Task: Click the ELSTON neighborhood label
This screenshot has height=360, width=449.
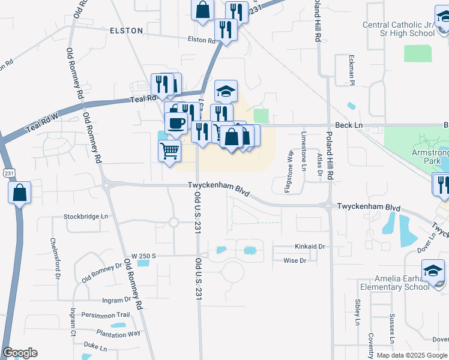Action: click(x=126, y=30)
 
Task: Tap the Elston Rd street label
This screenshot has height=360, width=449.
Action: click(x=201, y=40)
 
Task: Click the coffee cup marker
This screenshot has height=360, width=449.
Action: click(x=176, y=122)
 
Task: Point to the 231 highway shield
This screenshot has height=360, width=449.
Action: click(x=8, y=173)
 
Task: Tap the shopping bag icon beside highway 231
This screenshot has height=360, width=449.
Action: click(x=20, y=193)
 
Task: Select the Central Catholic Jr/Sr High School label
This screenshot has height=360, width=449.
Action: click(x=399, y=29)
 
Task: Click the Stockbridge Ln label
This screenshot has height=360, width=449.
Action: click(x=87, y=216)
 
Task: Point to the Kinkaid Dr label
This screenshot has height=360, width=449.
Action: click(x=309, y=247)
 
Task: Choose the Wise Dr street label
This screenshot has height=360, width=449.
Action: click(x=294, y=260)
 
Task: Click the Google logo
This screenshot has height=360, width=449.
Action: click(x=20, y=353)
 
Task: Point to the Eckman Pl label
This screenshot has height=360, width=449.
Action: click(x=352, y=70)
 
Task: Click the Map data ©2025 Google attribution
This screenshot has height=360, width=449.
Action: click(x=412, y=355)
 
